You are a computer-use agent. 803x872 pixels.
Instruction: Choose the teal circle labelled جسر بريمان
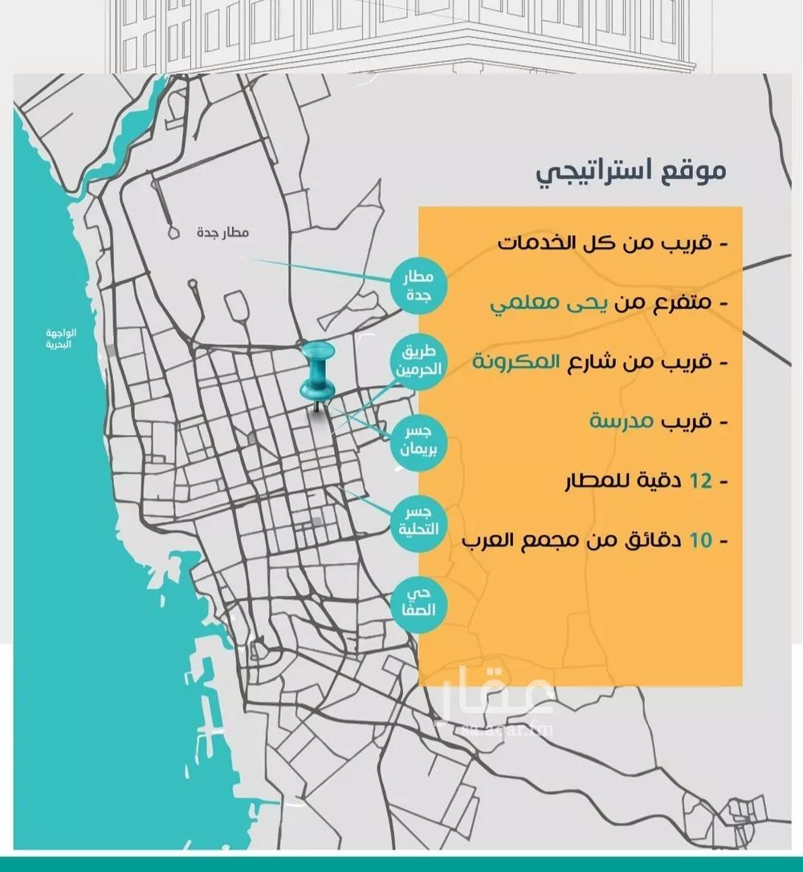click(x=417, y=442)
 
